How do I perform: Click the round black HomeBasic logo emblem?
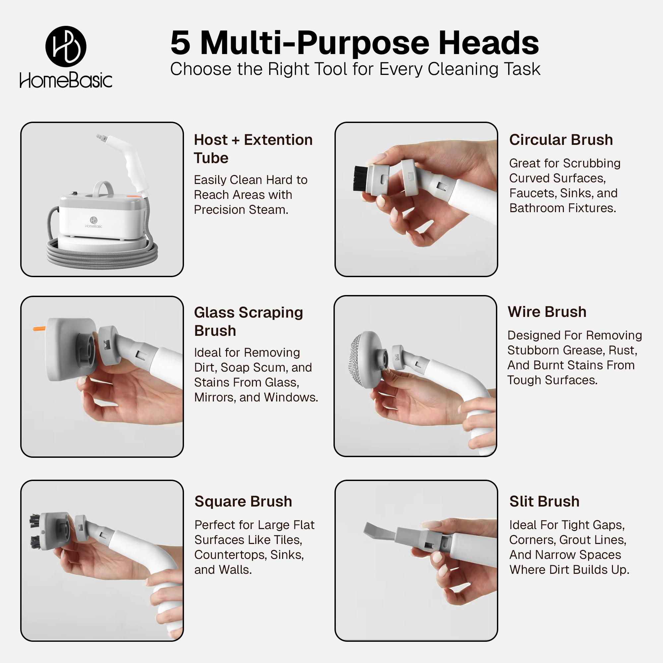point(66,46)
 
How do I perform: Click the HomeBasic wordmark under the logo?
point(66,80)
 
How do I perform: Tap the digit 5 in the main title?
point(180,42)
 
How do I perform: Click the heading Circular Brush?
point(561,140)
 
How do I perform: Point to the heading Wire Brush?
point(547,312)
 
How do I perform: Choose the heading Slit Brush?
point(545,501)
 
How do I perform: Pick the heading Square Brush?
point(243,501)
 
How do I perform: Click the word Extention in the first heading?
point(278,140)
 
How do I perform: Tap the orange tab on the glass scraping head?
point(39,329)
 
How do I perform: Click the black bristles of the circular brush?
point(360,178)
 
